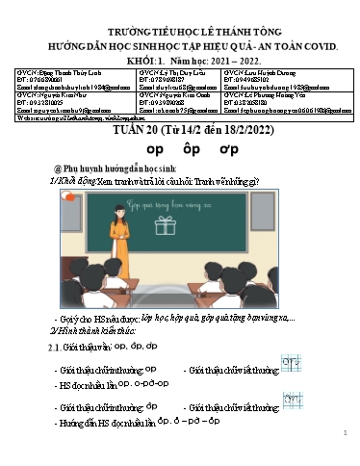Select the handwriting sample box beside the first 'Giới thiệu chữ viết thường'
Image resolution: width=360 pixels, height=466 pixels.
click(289, 363)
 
